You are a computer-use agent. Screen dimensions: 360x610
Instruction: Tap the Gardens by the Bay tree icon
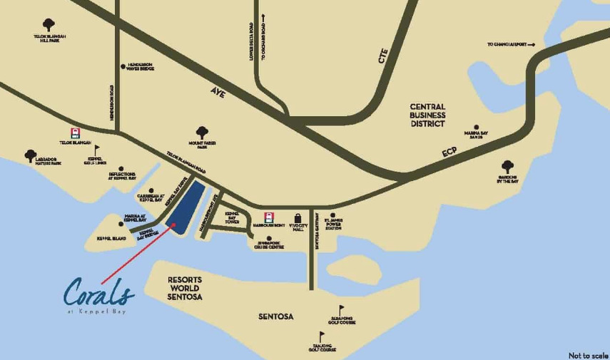tap(507, 166)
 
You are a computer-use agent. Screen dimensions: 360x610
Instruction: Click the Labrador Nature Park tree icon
tap(30, 155)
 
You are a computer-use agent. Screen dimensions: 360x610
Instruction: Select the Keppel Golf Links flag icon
tap(98, 149)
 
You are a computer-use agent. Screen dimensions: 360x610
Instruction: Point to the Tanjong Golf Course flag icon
tap(320, 337)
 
